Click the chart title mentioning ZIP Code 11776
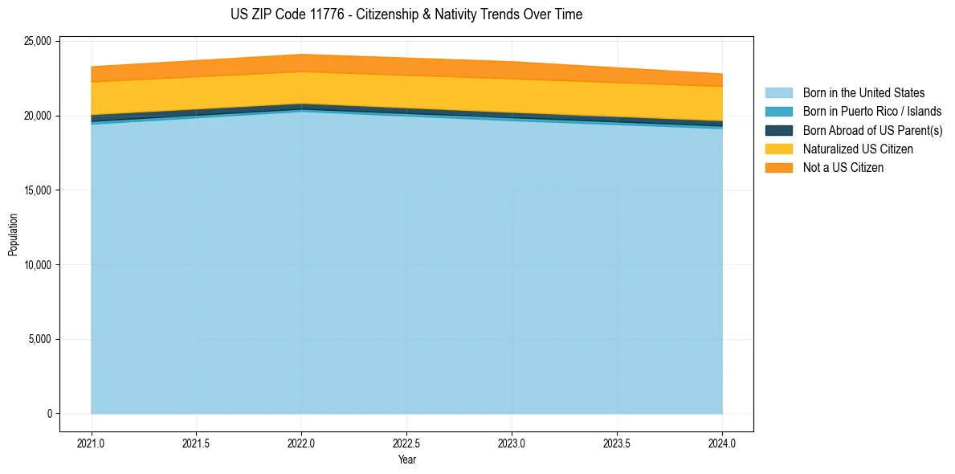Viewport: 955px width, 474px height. coord(406,14)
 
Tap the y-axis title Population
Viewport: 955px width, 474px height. coord(13,234)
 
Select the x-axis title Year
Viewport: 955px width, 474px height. coord(406,460)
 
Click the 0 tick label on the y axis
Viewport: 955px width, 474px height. coord(49,414)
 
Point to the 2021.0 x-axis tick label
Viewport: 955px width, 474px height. coord(92,443)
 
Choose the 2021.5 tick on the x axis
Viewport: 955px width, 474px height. coord(197,443)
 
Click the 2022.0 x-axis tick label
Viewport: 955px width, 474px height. coord(301,443)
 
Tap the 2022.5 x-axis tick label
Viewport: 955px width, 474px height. coord(406,443)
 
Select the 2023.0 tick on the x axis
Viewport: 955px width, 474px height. coord(512,443)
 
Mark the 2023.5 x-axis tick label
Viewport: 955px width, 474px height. coord(617,443)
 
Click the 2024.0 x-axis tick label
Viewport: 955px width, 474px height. coord(722,443)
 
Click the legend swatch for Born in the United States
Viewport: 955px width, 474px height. coord(778,93)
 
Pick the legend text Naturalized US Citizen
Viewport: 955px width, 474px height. coord(858,149)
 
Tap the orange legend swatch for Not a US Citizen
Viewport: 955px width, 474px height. coord(778,168)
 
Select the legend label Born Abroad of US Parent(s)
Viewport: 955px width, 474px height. coord(872,130)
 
